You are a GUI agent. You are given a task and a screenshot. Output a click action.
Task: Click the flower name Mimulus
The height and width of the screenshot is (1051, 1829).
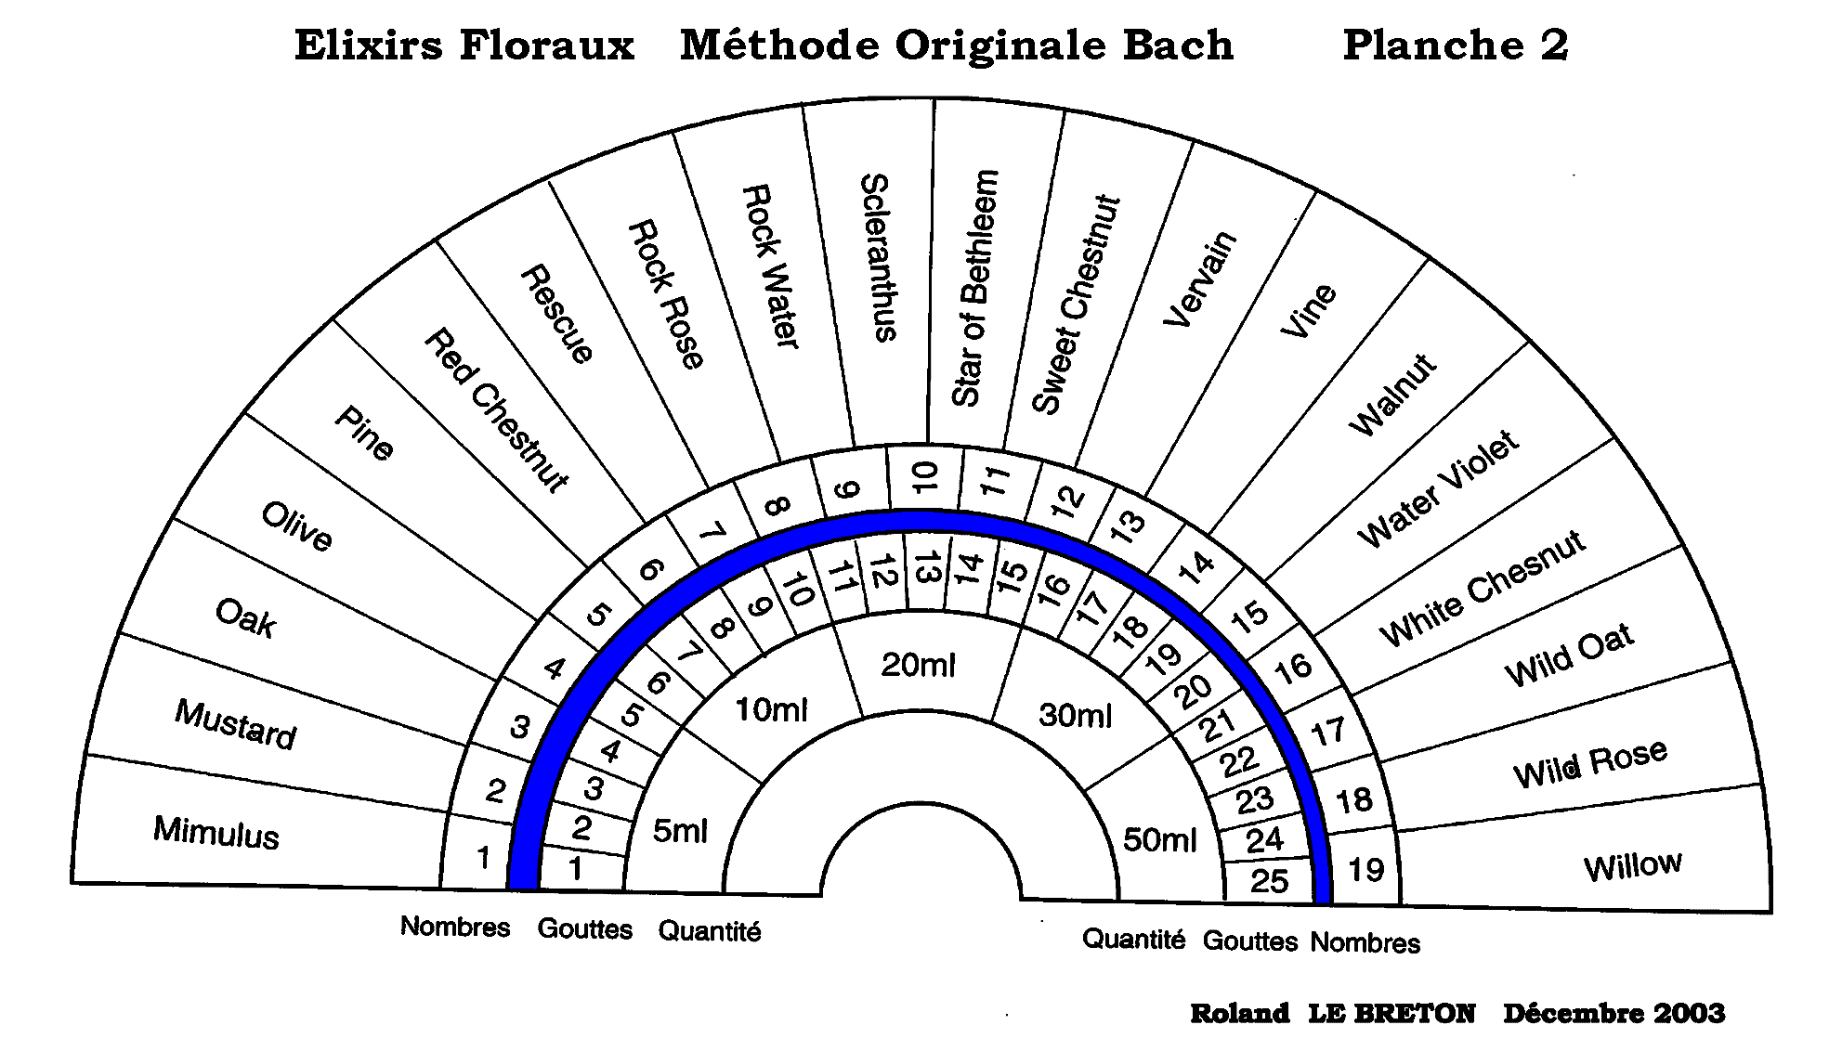[x=216, y=832]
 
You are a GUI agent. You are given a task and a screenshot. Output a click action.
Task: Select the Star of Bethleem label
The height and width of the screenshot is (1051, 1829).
[x=974, y=288]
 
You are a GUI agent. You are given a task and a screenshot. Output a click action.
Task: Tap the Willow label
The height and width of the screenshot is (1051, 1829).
[x=1632, y=866]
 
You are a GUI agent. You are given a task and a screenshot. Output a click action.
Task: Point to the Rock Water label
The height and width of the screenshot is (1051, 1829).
[x=770, y=266]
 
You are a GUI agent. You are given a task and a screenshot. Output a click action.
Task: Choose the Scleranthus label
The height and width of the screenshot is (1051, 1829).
[x=877, y=257]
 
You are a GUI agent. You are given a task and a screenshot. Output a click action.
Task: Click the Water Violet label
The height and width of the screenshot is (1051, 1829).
[x=1437, y=488]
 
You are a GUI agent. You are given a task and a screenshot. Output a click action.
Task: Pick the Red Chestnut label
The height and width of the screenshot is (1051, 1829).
[x=495, y=410]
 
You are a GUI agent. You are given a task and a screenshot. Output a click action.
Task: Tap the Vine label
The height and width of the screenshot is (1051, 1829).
[x=1308, y=311]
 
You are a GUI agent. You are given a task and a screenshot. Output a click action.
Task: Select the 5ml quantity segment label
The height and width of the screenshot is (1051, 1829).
[x=680, y=830]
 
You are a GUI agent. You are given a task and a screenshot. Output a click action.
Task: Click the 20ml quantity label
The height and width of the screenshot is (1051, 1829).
[x=918, y=665]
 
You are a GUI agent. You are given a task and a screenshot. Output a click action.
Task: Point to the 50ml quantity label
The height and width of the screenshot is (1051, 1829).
[x=1159, y=839]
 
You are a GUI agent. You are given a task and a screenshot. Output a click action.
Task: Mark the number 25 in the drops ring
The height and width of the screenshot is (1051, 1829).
[x=1269, y=880]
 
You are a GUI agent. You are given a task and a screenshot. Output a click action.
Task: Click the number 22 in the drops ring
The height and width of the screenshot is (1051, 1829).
[x=1239, y=762]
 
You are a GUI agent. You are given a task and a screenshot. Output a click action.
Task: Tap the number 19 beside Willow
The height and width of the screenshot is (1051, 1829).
[x=1365, y=870]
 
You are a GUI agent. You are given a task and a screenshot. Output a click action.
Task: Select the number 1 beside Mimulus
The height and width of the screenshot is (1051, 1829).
[x=483, y=858]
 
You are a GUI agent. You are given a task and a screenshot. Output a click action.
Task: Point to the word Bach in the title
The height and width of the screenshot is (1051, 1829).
[x=1178, y=45]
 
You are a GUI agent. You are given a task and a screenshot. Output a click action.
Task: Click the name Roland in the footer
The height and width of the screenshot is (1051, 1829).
[x=1239, y=1013]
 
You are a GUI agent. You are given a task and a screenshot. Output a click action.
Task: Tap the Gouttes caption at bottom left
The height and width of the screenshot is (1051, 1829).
[x=584, y=929]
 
